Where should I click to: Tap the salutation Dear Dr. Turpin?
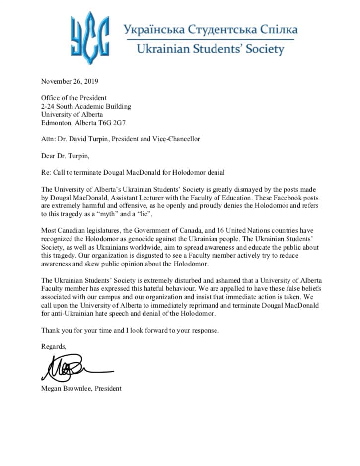[65, 156]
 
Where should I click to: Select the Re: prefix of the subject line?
[47, 172]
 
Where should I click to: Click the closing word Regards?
[54, 346]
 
